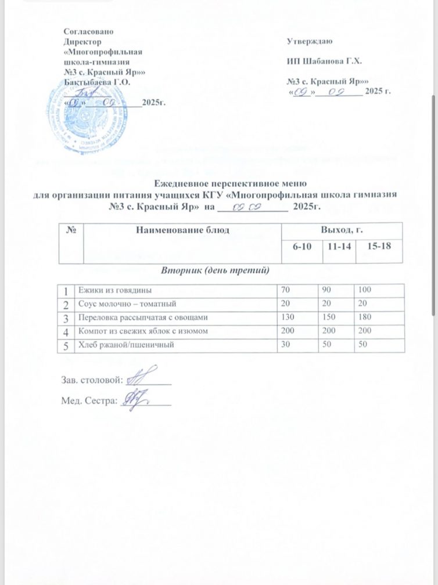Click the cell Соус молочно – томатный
pyautogui.click(x=125, y=304)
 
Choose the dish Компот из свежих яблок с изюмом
pyautogui.click(x=141, y=331)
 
